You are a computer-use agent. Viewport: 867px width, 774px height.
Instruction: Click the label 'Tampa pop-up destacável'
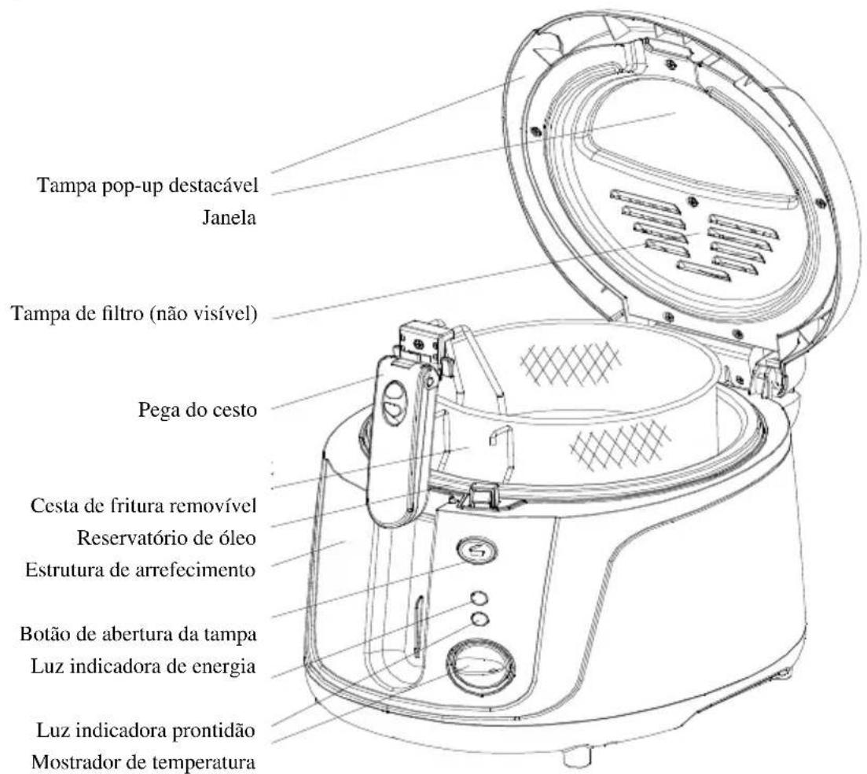pyautogui.click(x=148, y=186)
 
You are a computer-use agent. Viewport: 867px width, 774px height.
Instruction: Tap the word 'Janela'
pyautogui.click(x=230, y=218)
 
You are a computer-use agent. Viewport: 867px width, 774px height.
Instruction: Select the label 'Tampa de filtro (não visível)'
pyautogui.click(x=134, y=315)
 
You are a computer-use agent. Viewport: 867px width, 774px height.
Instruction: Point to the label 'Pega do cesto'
pyautogui.click(x=197, y=411)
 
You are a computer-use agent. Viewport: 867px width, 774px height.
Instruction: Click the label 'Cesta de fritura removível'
pyautogui.click(x=143, y=506)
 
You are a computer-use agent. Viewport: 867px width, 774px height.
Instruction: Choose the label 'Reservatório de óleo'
pyautogui.click(x=167, y=538)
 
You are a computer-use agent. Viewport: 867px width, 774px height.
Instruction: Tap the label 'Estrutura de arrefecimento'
pyautogui.click(x=141, y=569)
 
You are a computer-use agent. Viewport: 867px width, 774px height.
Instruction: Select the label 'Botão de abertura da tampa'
pyautogui.click(x=138, y=634)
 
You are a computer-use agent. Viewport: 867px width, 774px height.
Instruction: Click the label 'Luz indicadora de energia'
pyautogui.click(x=143, y=666)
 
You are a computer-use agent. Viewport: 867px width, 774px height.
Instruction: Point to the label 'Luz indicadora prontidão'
pyautogui.click(x=146, y=730)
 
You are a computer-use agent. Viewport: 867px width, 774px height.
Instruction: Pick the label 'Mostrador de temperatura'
pyautogui.click(x=144, y=762)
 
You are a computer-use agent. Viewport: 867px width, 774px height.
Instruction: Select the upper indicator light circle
pyautogui.click(x=479, y=598)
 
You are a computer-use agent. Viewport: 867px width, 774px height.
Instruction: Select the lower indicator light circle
pyautogui.click(x=480, y=618)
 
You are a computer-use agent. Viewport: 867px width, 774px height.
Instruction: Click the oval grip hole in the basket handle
pyautogui.click(x=395, y=404)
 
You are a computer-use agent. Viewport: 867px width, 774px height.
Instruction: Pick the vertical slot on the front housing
pyautogui.click(x=419, y=626)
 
